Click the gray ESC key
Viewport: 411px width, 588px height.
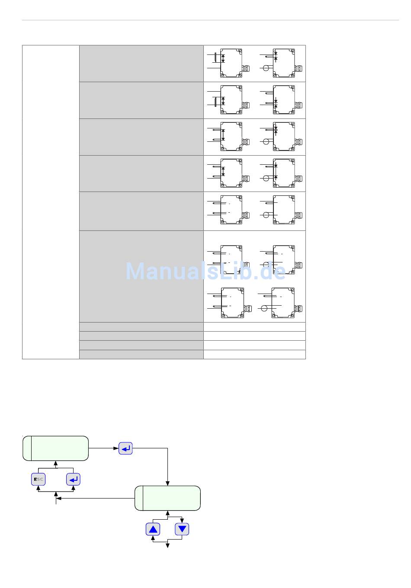click(38, 479)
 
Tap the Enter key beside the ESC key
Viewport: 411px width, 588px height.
click(73, 479)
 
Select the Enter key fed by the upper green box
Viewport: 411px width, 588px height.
click(125, 449)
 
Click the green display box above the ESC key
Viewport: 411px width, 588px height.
click(55, 448)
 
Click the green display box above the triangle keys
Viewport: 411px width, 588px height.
click(167, 498)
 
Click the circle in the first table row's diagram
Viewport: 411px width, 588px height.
click(266, 68)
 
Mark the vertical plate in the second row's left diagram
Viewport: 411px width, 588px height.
click(215, 101)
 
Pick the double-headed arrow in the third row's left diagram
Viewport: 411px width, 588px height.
click(223, 135)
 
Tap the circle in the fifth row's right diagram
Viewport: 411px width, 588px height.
click(266, 215)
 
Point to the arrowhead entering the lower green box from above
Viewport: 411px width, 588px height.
click(167, 483)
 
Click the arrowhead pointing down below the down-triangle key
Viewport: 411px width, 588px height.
click(167, 546)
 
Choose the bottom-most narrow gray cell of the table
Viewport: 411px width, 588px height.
click(141, 355)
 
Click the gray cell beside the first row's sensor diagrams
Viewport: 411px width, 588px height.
click(141, 63)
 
